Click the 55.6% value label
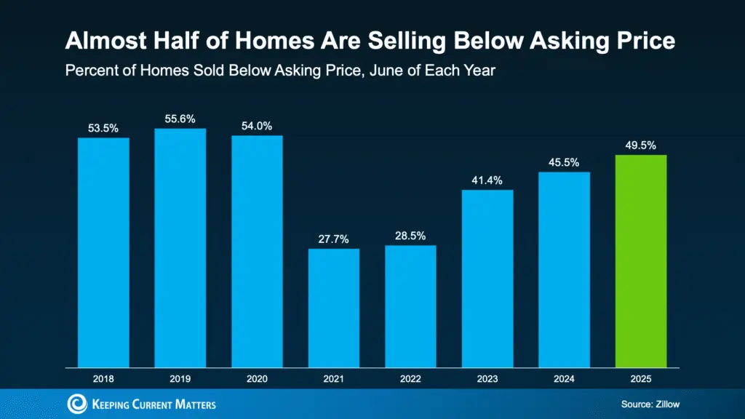tap(180, 119)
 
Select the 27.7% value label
tap(334, 239)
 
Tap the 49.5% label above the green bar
tap(641, 145)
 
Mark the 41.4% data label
tap(487, 180)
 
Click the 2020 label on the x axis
tap(257, 380)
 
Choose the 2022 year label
tap(410, 380)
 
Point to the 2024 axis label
tap(564, 380)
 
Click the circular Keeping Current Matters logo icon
tap(77, 404)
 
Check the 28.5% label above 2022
tap(410, 236)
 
